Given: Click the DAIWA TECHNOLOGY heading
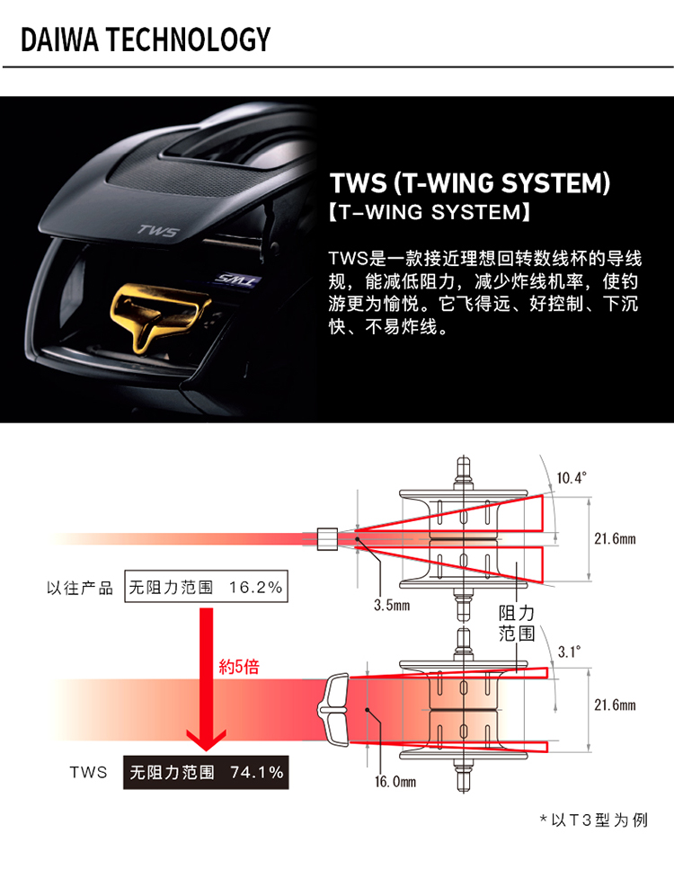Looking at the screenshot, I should (145, 39).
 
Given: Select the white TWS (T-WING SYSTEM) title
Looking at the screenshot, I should (470, 184).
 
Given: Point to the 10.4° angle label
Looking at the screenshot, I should (571, 477).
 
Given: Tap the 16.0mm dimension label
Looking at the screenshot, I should (395, 781).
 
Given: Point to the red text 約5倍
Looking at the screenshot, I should (239, 668).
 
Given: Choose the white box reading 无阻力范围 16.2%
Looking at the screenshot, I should (206, 588).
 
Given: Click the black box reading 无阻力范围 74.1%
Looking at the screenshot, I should (206, 772).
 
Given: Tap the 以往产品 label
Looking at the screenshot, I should (80, 588).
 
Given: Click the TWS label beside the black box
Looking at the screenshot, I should (88, 772).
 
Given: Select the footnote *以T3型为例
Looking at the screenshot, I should (593, 820).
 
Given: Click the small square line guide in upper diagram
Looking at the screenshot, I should (326, 538).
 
